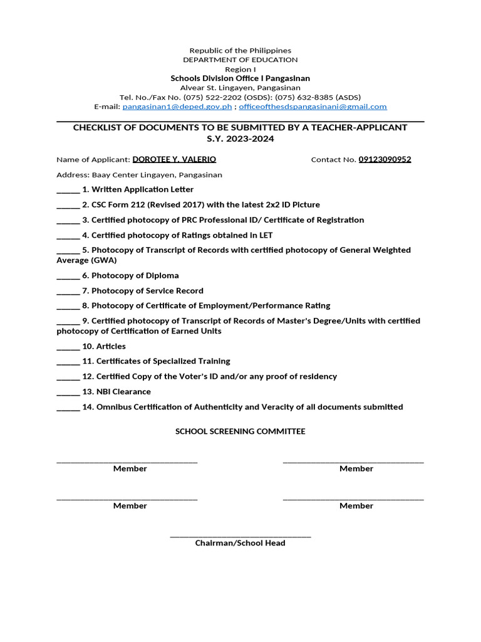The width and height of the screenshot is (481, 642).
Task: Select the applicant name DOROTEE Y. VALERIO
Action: point(174,159)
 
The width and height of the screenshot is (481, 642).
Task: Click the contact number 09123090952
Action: point(385,159)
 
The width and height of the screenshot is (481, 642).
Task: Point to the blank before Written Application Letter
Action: point(68,190)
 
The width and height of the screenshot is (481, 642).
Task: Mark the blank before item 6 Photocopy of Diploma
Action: point(68,276)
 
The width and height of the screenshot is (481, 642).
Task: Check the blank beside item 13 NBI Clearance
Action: point(68,392)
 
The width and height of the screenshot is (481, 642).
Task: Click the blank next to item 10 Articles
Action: point(68,347)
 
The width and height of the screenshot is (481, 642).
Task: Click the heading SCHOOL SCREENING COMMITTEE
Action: point(240,431)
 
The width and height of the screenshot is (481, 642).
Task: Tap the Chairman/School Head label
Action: point(240,543)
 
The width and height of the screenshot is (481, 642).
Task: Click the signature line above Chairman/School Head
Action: point(240,536)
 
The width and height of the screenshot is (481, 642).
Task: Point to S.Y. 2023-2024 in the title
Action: point(240,139)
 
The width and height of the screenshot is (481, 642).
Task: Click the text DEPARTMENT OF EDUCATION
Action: point(240,60)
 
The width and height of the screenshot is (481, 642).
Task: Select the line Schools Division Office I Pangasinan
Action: point(240,78)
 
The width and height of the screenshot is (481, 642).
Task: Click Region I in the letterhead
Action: point(240,69)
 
